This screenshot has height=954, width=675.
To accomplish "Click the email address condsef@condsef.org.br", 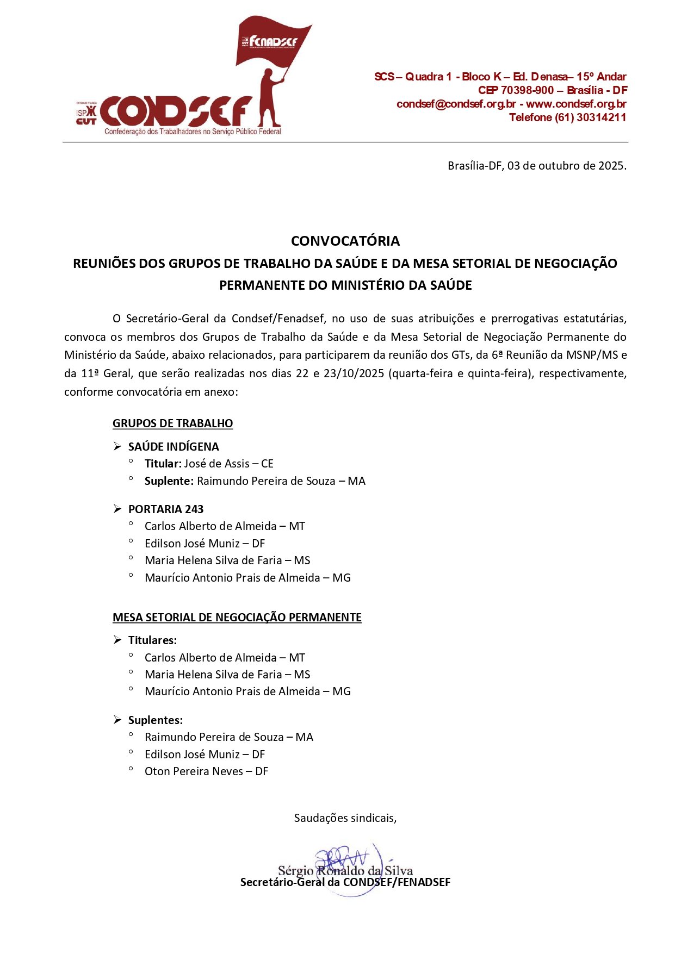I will point(456,104).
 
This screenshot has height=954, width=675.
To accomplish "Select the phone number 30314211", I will point(602,117).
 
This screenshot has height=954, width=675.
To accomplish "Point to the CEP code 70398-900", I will point(527,90).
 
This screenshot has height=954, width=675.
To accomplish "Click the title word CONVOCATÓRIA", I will point(345,241).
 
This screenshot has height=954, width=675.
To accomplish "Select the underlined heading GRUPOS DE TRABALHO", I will point(172,423).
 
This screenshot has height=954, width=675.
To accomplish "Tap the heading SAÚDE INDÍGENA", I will point(174,447).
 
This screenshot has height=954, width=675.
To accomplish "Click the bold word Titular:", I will point(163,464).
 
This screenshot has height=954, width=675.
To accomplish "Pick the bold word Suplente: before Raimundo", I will point(169,481).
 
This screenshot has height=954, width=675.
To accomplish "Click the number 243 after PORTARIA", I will point(194,509).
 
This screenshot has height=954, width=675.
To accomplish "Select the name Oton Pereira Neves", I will point(194,771).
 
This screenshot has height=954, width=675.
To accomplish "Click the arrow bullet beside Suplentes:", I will point(117,720).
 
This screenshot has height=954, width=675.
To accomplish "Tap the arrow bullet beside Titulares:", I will point(117,640).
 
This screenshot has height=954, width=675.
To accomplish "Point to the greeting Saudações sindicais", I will point(345,818).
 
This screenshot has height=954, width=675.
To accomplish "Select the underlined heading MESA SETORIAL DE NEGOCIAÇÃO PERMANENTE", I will point(237,618).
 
